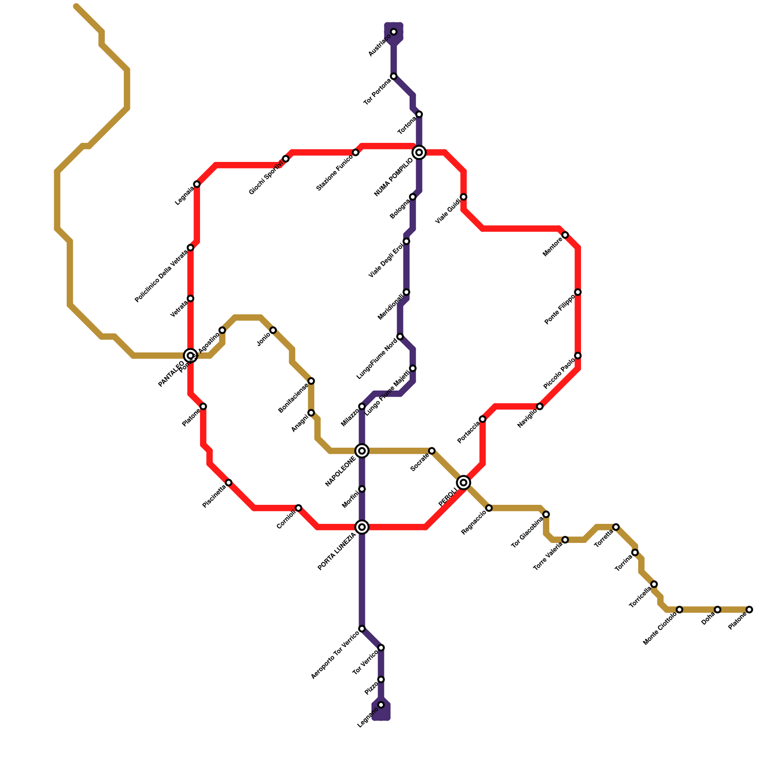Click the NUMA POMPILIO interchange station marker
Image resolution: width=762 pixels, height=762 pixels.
(419, 152)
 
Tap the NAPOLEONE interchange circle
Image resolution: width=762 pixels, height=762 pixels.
(362, 451)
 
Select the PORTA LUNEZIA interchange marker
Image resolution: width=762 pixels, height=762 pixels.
(362, 527)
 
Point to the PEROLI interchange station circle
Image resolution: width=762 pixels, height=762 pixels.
(463, 482)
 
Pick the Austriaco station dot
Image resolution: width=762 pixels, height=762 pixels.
(394, 32)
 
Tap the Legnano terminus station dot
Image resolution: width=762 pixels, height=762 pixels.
(381, 705)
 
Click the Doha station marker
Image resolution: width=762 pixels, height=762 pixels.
(718, 610)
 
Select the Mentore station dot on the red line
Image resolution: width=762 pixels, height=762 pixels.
(565, 235)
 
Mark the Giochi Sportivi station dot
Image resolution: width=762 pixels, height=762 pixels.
(286, 159)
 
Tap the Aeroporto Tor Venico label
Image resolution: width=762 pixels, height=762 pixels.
(335, 655)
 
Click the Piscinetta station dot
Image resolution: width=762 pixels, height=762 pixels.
(229, 482)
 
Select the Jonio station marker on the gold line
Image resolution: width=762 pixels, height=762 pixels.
(273, 330)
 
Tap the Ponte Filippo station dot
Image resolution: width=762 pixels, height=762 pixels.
(578, 292)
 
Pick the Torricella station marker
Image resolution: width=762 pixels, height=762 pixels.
(654, 584)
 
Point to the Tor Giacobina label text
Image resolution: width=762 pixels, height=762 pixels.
(527, 533)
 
